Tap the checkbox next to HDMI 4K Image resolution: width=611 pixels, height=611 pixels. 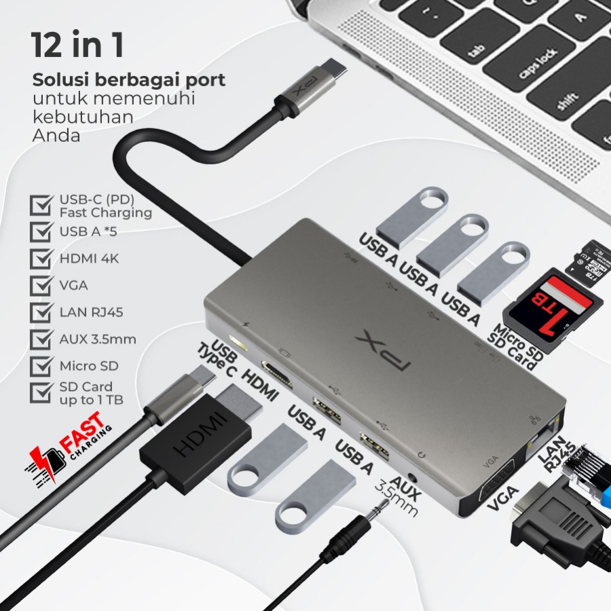pos(42,258)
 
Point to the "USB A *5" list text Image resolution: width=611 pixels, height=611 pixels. pos(88,232)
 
